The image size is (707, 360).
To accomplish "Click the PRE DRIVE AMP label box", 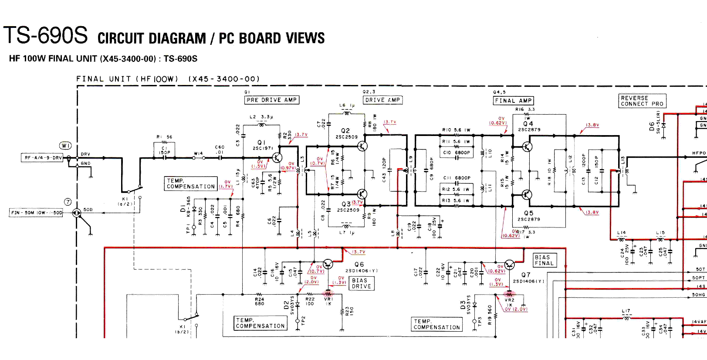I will coord(272,100).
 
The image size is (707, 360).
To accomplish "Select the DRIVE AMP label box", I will coord(382,100).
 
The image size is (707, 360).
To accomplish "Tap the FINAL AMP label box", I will coord(514,101).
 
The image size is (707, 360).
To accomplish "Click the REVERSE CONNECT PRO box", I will coord(642,101).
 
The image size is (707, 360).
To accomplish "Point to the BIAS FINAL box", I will coord(545,260).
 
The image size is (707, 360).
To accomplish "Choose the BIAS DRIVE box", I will coord(361,283).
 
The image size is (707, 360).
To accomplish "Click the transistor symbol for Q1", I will coord(277,158).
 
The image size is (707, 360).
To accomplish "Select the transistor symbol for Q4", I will coord(527,146).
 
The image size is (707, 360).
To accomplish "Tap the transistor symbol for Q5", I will coord(527,195).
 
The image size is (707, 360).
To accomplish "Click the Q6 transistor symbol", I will coord(328,264).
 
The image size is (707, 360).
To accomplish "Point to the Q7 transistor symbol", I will coord(509,265).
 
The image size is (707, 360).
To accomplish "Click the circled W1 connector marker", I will coord(65,145).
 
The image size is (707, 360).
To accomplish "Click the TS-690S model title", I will coord(46,36).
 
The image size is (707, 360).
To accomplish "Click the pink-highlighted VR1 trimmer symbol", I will coord(328,294).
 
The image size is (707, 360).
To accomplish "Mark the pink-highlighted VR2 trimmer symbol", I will coord(509,294).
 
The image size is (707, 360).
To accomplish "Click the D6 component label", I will coord(652,126).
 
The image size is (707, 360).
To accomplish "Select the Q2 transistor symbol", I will coord(362,146).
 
